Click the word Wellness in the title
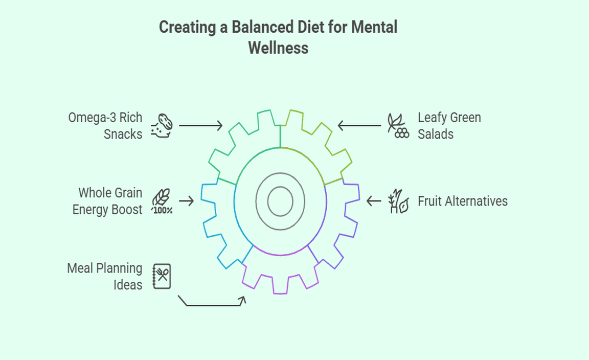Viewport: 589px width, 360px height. click(x=278, y=48)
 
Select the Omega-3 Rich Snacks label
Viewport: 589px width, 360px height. click(x=106, y=125)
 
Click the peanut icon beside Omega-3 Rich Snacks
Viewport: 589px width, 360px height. click(x=163, y=125)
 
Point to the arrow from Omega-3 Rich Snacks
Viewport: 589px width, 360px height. click(x=200, y=125)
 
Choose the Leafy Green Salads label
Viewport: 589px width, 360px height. click(x=449, y=125)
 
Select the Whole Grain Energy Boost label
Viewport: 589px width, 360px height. click(x=108, y=201)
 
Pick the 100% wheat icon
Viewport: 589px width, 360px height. click(x=162, y=201)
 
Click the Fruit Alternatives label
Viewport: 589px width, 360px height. click(x=463, y=201)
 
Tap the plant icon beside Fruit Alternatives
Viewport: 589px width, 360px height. click(x=398, y=201)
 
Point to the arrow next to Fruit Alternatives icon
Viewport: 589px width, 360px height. click(x=374, y=201)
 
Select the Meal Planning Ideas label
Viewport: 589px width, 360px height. click(x=105, y=276)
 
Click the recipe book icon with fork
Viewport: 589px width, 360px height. click(x=162, y=276)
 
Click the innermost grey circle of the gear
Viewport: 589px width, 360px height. click(x=280, y=201)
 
